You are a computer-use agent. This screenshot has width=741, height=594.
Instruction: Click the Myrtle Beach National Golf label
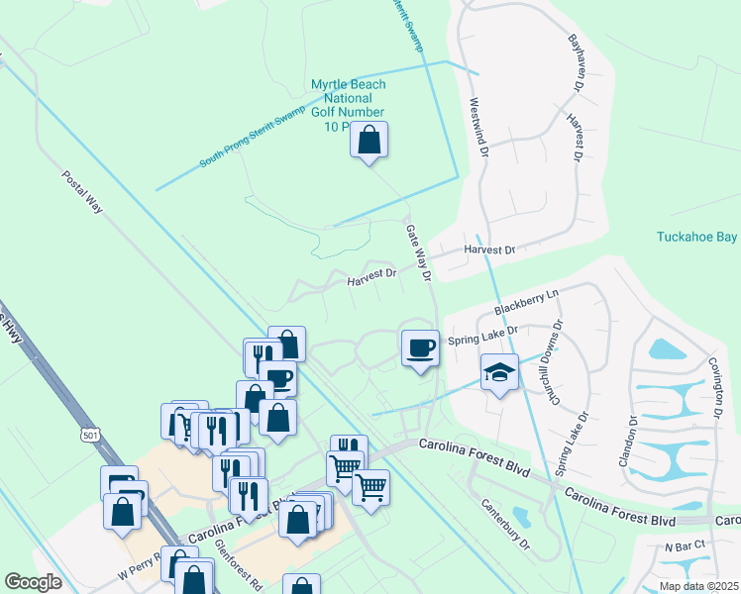tap(348, 106)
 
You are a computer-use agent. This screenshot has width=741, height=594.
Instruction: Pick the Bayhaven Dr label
tap(574, 63)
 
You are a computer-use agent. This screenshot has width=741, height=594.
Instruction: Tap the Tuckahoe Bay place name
tap(697, 237)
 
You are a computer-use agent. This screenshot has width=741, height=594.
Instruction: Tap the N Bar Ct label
tap(684, 545)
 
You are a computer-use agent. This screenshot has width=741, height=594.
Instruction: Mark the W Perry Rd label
tap(139, 571)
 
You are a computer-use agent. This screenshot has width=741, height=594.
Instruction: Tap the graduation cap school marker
tap(499, 373)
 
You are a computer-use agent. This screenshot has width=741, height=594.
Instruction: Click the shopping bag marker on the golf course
tap(369, 140)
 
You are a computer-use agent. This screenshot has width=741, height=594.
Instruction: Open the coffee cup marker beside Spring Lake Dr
tap(420, 347)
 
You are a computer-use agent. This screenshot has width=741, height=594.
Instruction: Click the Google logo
tap(33, 582)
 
